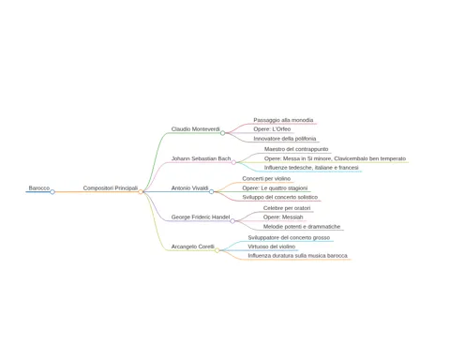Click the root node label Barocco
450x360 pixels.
pos(39,188)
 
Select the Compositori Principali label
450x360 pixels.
pos(111,188)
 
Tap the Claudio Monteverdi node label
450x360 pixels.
pos(195,129)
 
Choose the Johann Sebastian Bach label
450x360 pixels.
pos(201,158)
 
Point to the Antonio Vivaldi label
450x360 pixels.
pos(189,188)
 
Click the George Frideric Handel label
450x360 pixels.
pos(201,217)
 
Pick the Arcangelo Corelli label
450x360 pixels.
pos(192,247)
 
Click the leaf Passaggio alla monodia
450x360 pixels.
pos(283,120)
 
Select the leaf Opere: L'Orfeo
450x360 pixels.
pos(272,129)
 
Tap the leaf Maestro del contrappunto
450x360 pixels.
pos(296,149)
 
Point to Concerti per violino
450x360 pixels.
pos(266,179)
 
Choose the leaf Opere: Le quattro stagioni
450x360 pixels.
pos(275,188)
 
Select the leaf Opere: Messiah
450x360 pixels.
pos(283,217)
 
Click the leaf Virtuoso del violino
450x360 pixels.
pos(272,247)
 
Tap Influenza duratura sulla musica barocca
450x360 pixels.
pos(297,256)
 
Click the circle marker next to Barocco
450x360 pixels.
pos(52,192)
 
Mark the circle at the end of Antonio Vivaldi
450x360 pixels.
pos(211,191)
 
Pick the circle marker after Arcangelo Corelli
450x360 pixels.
pos(217,250)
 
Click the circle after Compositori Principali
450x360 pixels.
pos(141,191)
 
